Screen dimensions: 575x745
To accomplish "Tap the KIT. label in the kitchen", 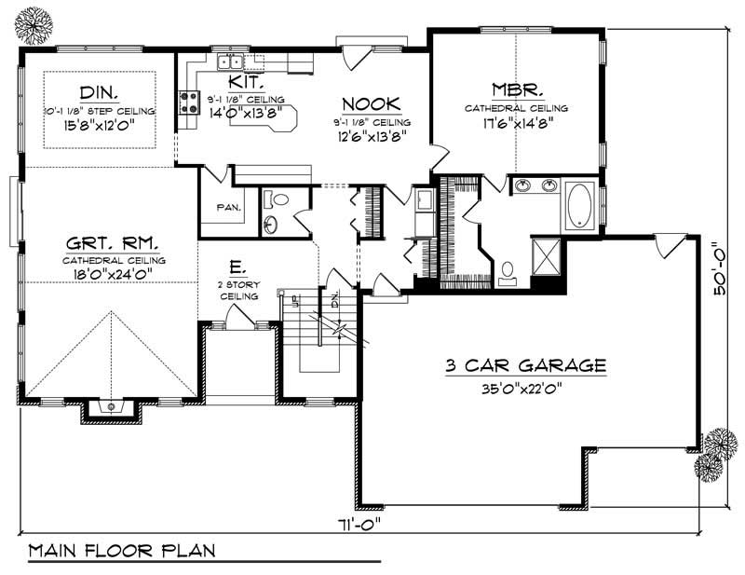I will click(234, 85).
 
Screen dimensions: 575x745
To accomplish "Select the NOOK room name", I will click(371, 103).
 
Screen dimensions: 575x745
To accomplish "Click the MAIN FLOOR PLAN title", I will click(121, 550).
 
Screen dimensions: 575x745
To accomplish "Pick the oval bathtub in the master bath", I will click(579, 204).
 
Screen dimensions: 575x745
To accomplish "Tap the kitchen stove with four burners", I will click(189, 101).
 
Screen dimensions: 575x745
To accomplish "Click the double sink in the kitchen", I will click(229, 62).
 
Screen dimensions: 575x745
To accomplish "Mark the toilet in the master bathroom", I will click(508, 271).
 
